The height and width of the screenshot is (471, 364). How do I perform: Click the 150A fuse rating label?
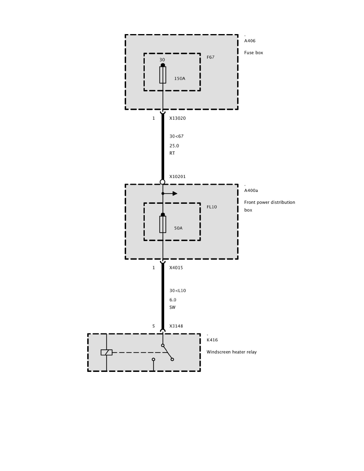tap(180, 78)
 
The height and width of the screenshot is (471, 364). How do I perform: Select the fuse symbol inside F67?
tap(163, 75)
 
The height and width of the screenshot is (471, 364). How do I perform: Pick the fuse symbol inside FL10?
tap(163, 224)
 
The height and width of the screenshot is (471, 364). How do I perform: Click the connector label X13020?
tap(177, 118)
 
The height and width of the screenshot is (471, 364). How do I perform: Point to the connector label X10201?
tap(177, 176)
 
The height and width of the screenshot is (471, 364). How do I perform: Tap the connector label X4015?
tap(176, 268)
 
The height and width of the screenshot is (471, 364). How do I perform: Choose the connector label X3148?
tap(176, 326)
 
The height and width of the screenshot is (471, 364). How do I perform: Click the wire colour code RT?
tap(172, 153)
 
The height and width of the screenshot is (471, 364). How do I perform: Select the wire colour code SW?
tap(172, 307)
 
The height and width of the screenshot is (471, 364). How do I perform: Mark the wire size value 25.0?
tap(174, 146)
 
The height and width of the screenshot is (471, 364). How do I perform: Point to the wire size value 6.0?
tap(173, 300)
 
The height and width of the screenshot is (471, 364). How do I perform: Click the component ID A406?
tap(250, 41)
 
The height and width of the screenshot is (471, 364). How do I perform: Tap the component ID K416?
tap(212, 340)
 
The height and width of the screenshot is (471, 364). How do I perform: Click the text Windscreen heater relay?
tap(232, 352)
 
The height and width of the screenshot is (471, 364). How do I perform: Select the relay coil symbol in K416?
tap(106, 352)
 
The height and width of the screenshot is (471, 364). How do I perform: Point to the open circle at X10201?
tap(162, 182)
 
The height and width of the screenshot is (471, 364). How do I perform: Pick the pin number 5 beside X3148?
tap(153, 326)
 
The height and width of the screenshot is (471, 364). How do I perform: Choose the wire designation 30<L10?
tap(178, 291)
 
